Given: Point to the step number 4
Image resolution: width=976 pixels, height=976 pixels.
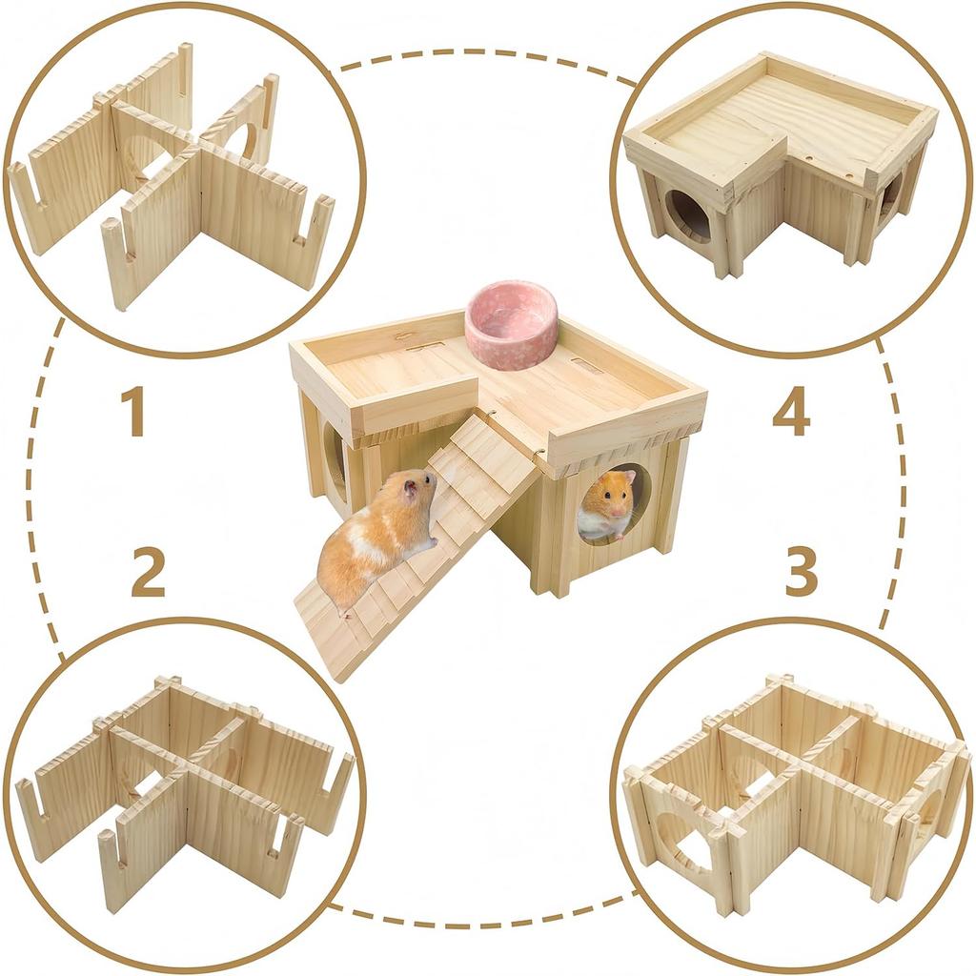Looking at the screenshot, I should pos(791,411).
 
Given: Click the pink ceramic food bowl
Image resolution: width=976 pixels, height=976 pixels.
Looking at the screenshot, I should pos(511,324).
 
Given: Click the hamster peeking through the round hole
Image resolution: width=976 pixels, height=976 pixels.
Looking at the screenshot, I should pos(607,505).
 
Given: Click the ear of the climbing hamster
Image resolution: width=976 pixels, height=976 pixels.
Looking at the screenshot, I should pos(409,489).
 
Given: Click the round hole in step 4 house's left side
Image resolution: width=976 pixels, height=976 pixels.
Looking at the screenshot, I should pos(686,215).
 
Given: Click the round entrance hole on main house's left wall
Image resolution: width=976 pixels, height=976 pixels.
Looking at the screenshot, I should pos(335,457).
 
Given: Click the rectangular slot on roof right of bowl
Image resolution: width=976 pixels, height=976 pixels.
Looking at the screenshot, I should pos(587,365).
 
